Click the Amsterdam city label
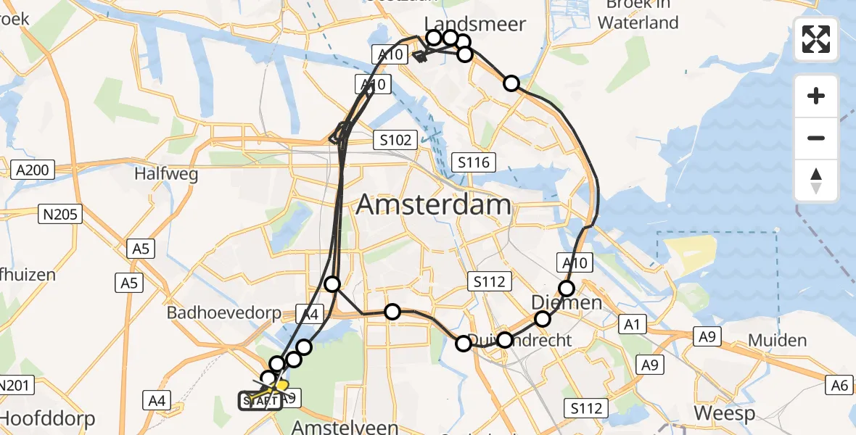pos(434,205)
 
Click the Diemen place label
pos(567,302)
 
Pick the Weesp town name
pos(725,413)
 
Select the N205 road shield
pos(61,214)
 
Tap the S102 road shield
pos(395,140)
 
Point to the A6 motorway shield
pos(840,386)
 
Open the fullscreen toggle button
pos(816,38)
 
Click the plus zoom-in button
pos(816,96)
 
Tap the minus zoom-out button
pos(816,138)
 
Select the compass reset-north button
pos(816,180)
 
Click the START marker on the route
pos(260,400)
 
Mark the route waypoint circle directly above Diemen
pos(567,288)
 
